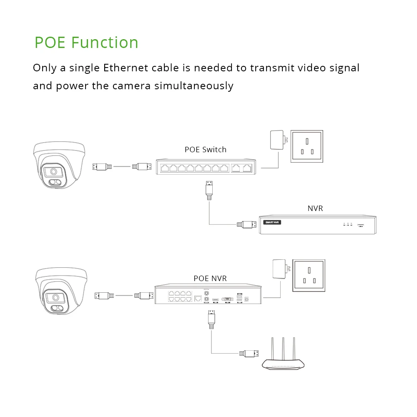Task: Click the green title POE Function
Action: coord(86,43)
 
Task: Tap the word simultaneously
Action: coord(193,86)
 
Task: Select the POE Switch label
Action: coord(206,150)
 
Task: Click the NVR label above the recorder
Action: coord(315,208)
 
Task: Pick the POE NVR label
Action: coord(210,279)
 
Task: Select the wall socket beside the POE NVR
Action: coord(309,275)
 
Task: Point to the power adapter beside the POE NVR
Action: coord(279,270)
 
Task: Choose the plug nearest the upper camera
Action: coord(102,167)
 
